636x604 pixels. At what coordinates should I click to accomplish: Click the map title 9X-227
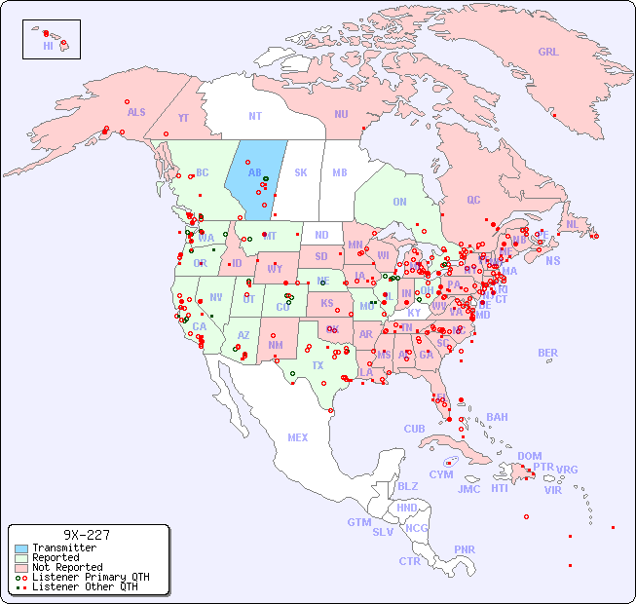87,535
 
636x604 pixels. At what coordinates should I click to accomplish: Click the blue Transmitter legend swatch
20,548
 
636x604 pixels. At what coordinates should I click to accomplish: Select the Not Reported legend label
67,567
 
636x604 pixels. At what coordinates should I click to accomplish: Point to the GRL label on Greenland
548,53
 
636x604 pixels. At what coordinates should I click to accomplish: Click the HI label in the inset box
48,46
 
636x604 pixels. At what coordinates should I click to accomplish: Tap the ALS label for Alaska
136,112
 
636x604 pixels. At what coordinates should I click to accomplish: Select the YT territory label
183,118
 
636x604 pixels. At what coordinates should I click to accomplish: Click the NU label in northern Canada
341,114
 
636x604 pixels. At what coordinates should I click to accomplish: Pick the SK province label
301,172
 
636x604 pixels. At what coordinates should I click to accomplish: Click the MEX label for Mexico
298,437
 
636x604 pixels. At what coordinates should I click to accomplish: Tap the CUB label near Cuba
414,429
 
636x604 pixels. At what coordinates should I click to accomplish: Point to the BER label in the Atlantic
547,353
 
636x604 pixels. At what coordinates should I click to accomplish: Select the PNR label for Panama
465,549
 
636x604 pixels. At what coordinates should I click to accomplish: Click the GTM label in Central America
358,522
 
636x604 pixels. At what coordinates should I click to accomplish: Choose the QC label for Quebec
473,200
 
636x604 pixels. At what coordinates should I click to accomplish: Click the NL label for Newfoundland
572,224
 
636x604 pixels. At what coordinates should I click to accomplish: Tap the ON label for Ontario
399,202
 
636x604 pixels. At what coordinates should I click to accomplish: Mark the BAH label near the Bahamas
497,417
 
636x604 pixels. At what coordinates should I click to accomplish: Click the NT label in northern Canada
254,115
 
